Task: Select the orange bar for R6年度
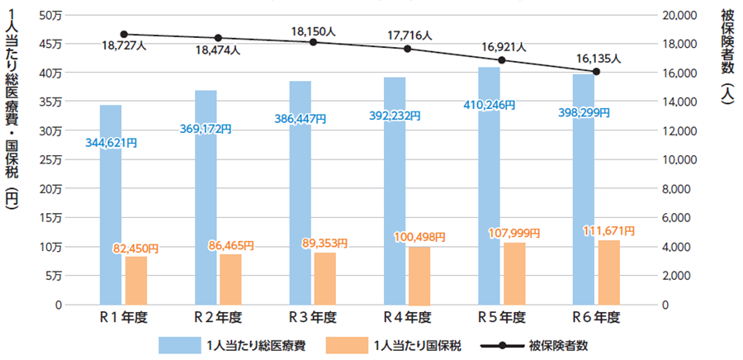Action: pyautogui.click(x=608, y=272)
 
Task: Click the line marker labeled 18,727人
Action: pyautogui.click(x=123, y=35)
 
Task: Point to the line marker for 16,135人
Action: pyautogui.click(x=596, y=72)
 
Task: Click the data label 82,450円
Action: pyautogui.click(x=135, y=248)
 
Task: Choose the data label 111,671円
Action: pyautogui.click(x=608, y=230)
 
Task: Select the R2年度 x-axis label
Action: pyautogui.click(x=218, y=317)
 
